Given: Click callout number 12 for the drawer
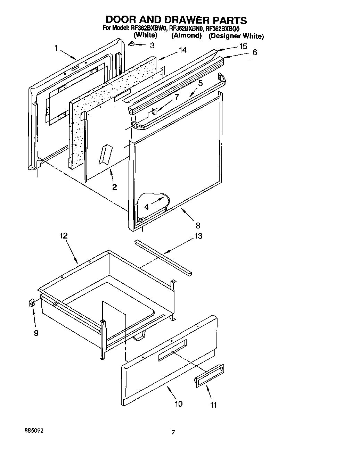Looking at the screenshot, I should (x=63, y=236).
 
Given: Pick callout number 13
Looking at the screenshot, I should (x=198, y=236).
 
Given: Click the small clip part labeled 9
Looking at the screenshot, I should (x=31, y=303).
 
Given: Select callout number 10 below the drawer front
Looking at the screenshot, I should (x=179, y=404).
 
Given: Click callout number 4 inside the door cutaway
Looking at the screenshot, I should (x=146, y=207).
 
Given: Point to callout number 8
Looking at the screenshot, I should (x=198, y=226).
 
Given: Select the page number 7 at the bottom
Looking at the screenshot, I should (x=173, y=433).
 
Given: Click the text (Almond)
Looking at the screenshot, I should (x=186, y=36).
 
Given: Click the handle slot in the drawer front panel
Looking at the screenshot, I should (x=172, y=350).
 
